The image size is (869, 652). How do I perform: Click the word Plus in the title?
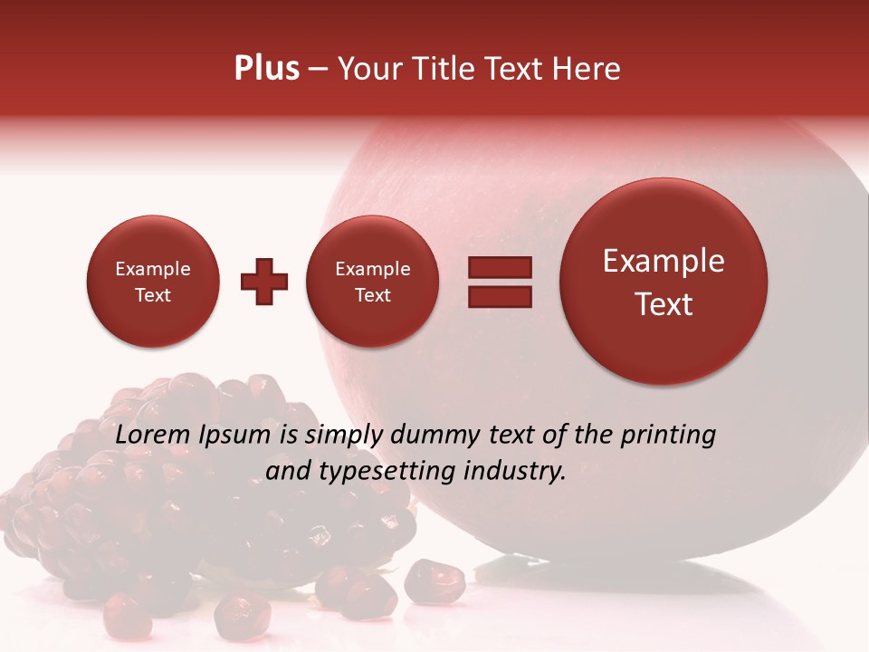click(266, 69)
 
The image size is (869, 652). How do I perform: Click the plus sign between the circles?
click(264, 282)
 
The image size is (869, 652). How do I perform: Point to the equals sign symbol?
click(500, 282)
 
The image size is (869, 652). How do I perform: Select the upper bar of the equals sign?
click(500, 267)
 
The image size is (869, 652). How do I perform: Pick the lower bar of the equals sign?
click(500, 296)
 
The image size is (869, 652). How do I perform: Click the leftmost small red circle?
click(152, 282)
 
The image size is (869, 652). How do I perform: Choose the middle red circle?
click(372, 282)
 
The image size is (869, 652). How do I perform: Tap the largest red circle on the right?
click(664, 282)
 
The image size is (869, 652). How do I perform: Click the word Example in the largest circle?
click(664, 261)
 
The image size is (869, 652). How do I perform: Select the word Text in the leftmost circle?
click(152, 295)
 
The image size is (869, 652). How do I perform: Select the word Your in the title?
click(368, 69)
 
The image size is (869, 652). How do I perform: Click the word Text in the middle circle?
click(372, 295)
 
